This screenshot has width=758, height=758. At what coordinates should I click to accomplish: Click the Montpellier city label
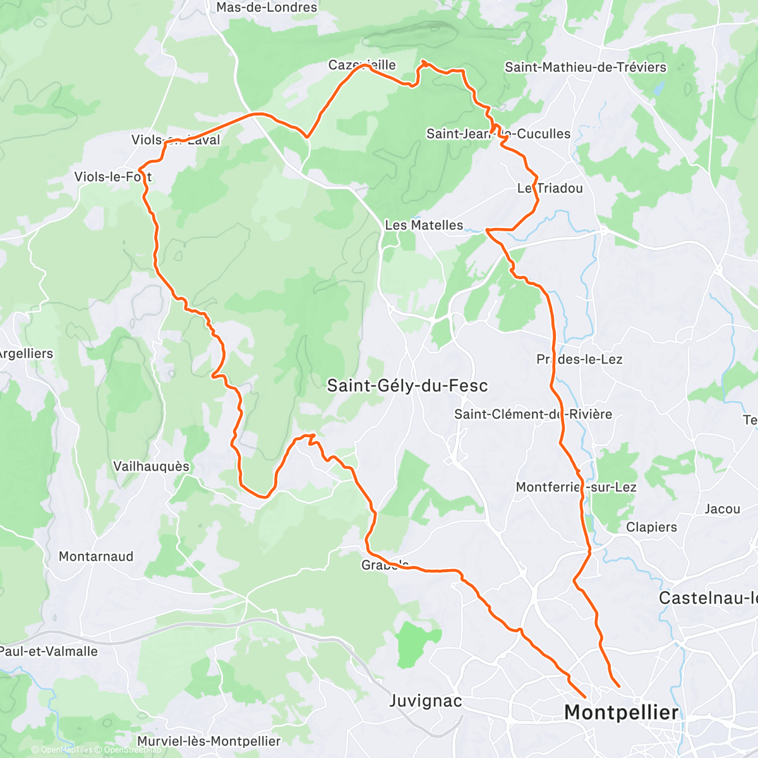click(621, 713)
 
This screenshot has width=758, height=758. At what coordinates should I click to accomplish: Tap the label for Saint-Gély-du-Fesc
click(407, 386)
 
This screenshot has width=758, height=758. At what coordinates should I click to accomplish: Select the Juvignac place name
click(425, 701)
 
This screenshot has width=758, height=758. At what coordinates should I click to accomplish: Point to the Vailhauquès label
click(151, 466)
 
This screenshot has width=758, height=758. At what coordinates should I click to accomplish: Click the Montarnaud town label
click(96, 556)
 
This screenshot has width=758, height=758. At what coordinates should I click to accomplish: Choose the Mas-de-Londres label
click(267, 8)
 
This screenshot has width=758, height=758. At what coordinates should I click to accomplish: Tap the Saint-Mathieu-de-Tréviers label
click(585, 67)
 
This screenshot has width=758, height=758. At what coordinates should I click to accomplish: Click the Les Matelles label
click(424, 225)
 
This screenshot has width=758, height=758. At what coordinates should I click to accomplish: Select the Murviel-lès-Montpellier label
click(208, 741)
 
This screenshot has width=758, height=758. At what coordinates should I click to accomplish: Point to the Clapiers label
click(651, 527)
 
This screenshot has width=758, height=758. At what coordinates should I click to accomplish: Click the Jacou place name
click(722, 508)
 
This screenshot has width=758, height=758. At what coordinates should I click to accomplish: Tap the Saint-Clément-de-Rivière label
click(533, 414)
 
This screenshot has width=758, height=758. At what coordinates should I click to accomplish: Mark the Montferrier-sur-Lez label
click(576, 487)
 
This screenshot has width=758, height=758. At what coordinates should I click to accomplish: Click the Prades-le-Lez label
click(579, 359)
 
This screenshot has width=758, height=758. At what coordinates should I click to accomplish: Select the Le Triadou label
click(550, 188)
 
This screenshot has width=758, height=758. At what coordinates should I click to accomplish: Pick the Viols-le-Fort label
click(113, 177)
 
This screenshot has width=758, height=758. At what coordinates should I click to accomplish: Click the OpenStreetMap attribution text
click(132, 750)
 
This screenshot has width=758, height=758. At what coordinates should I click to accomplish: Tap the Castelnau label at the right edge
click(707, 598)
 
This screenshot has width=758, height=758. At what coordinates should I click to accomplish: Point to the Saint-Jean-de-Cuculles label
click(498, 134)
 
